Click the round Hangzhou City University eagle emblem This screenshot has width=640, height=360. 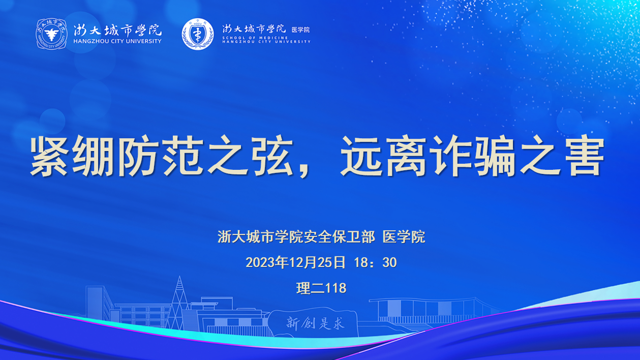[x=51, y=34]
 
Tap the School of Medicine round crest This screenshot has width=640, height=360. [x=198, y=34]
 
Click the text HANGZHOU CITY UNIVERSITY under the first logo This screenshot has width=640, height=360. [x=117, y=41]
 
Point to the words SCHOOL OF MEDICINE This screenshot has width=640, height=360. [x=255, y=38]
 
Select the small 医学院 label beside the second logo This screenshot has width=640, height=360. [x=300, y=29]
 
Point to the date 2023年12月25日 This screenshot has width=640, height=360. [x=296, y=262]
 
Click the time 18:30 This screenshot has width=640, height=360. [x=376, y=262]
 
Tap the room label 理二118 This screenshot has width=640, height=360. [x=321, y=288]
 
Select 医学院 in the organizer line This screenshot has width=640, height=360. [x=404, y=237]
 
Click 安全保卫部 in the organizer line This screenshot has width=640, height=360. [x=340, y=237]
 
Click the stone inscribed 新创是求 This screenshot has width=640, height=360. [x=313, y=322]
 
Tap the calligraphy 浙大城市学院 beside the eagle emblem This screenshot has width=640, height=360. [x=117, y=30]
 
